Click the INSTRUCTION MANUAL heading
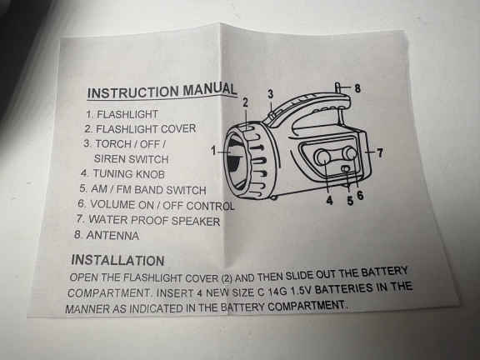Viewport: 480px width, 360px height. point(162,91)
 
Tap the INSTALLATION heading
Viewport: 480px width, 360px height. point(117,260)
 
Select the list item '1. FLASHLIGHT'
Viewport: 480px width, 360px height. point(122,114)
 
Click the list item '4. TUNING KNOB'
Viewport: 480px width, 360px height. point(122,174)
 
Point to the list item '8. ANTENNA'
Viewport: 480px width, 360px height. point(107,235)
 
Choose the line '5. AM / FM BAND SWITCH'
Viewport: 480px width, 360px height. point(142,189)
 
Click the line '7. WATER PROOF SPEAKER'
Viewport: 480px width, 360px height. point(148,220)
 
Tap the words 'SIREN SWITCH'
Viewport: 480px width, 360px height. point(131,159)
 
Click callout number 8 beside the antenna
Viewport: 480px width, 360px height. point(357,88)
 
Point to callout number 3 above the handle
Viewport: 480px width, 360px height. point(271,94)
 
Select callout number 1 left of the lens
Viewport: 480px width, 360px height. point(214,151)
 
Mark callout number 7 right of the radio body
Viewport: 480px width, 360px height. point(380,152)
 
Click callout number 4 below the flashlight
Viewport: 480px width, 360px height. point(329,201)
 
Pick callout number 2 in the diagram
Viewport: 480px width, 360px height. point(245,102)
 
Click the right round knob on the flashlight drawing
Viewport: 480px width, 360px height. point(350,153)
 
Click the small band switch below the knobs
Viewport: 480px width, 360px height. point(346,168)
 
